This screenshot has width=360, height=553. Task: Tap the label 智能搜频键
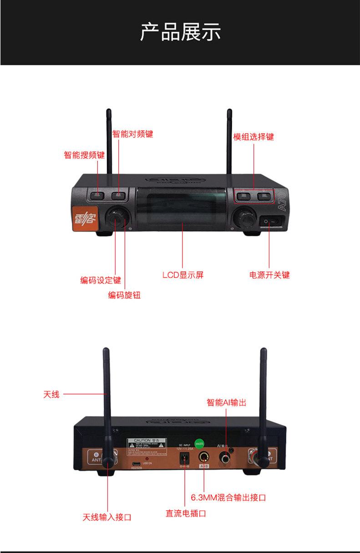tap(84, 155)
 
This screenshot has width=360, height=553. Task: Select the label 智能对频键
tap(133, 134)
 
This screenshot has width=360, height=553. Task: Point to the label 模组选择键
tap(254, 137)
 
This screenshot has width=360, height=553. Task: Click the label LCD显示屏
tap(183, 275)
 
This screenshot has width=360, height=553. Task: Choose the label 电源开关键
tap(269, 275)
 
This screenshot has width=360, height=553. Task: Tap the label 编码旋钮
tap(124, 295)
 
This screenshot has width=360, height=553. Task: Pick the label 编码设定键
tap(101, 280)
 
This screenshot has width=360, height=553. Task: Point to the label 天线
tap(51, 394)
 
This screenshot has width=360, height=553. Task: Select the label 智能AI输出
tap(226, 402)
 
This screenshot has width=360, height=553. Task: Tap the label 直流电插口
tap(186, 513)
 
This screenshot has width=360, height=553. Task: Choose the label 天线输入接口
tap(107, 517)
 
